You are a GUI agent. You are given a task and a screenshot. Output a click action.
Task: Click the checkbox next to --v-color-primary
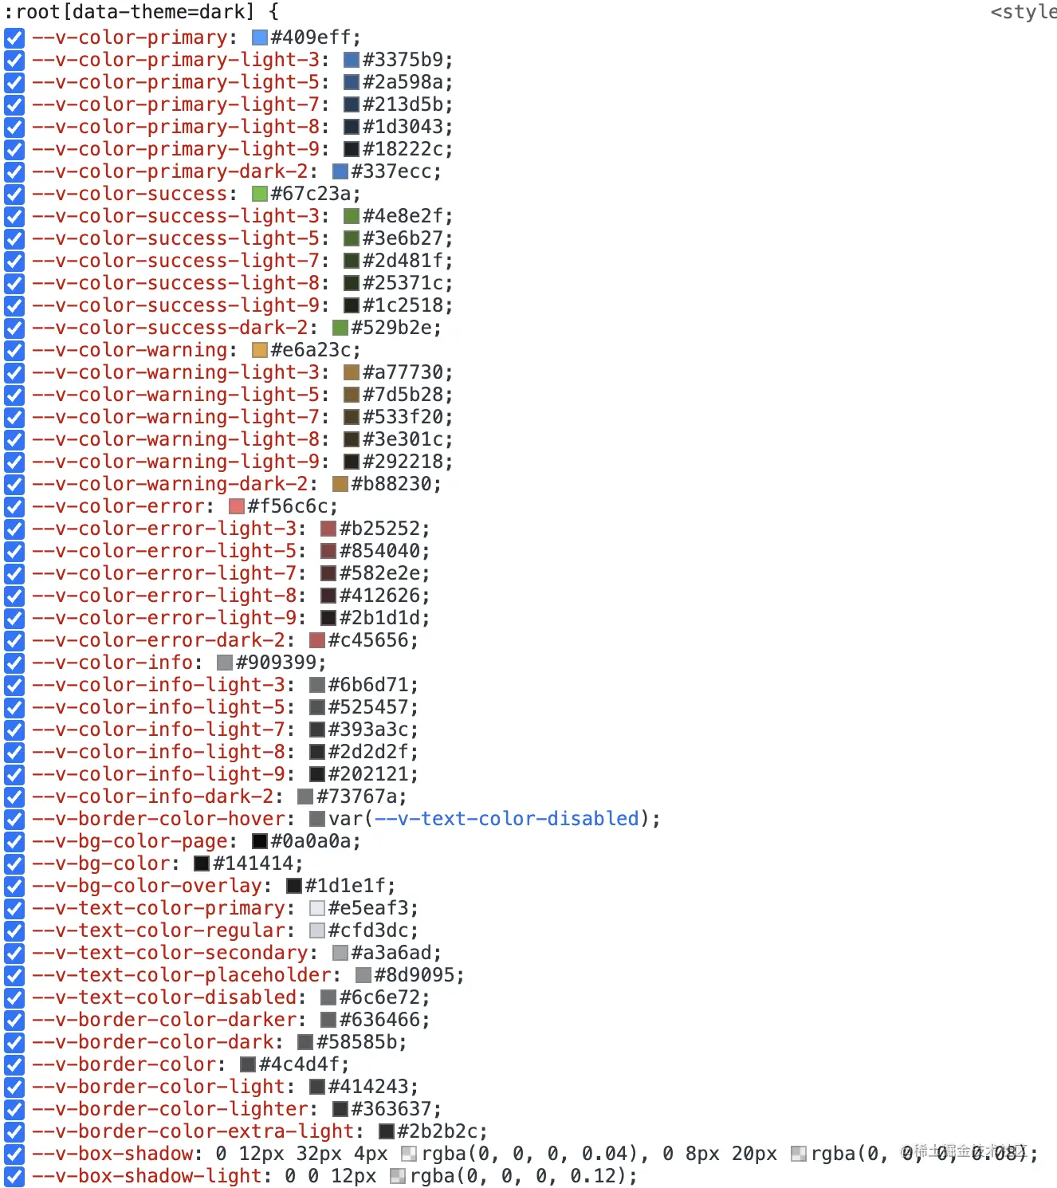tap(14, 37)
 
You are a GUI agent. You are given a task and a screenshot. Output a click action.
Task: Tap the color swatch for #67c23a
tap(259, 194)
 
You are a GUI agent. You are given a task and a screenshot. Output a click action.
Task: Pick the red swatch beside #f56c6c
tap(236, 506)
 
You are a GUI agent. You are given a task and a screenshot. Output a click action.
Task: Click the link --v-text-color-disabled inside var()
tap(507, 819)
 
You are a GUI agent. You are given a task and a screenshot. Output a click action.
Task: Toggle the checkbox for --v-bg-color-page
tap(14, 841)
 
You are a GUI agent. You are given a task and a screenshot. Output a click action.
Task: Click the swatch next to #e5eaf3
tap(317, 908)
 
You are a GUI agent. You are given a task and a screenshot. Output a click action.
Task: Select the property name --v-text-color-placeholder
tap(182, 975)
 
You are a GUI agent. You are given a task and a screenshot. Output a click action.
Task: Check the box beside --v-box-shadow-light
tap(14, 1176)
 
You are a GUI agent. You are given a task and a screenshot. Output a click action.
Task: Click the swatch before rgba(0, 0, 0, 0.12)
tap(398, 1176)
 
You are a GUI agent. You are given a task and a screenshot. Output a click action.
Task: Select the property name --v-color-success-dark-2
tap(170, 328)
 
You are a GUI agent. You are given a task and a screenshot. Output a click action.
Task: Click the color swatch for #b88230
tap(340, 484)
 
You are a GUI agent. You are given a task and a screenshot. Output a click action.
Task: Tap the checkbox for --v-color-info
tap(14, 663)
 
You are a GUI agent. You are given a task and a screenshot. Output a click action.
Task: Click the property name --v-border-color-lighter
tap(170, 1109)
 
